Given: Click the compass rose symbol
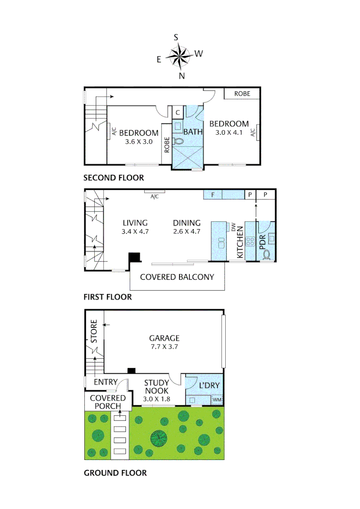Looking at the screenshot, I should pos(179,57).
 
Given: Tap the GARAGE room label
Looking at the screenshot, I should pos(164,338).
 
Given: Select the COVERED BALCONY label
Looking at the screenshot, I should pos(177,277).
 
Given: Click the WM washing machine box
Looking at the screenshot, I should pos(217,400).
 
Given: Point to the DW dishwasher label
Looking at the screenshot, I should pos(233,227).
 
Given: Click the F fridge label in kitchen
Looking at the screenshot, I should pos(213,194).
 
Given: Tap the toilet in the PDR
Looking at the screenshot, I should pos(267,255).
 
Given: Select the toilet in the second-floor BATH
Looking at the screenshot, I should pos(179,141).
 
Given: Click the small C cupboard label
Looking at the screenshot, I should pos(178,113).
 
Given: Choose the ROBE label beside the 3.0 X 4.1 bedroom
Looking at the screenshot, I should pos(242,94).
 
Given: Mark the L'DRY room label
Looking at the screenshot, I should pos(209,386).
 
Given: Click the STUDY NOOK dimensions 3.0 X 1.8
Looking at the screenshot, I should pos(156,399).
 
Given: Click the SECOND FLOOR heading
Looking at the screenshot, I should pos(114,178).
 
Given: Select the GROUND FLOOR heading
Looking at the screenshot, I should pos(115,473).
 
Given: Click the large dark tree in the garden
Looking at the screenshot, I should pos(159,438).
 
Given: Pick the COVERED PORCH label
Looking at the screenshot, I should pos(108,402).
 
